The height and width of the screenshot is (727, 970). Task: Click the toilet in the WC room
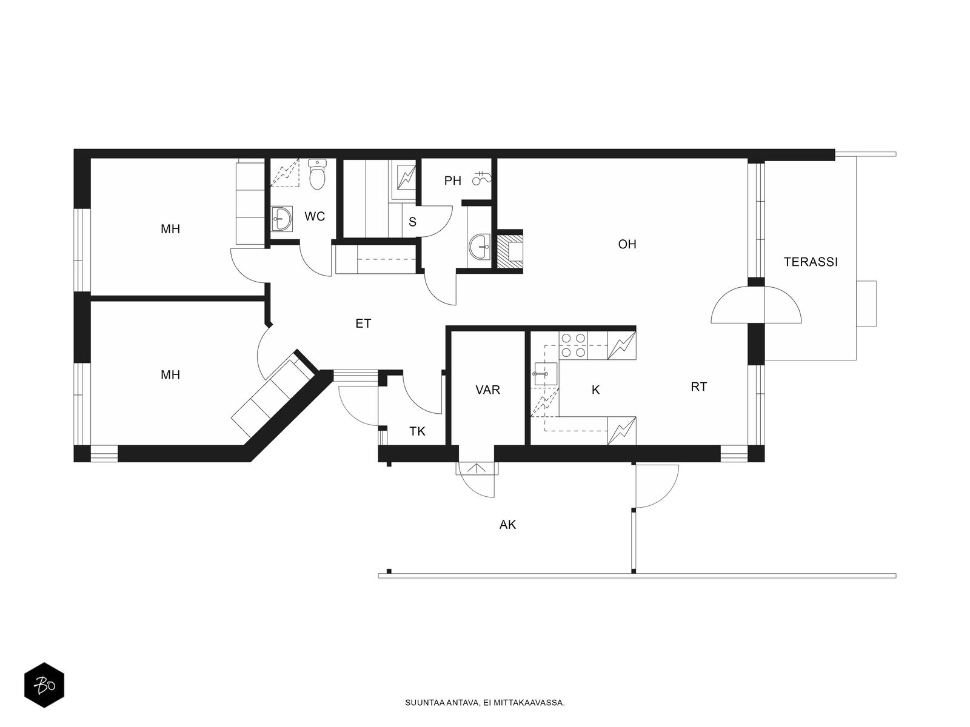[317, 174]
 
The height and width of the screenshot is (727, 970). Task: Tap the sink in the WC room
[281, 219]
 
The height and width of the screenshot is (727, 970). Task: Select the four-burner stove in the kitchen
[573, 345]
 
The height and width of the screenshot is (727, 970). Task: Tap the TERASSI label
[811, 262]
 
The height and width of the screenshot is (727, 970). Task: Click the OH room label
[627, 244]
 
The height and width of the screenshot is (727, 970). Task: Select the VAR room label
[487, 390]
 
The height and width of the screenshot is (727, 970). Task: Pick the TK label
[417, 431]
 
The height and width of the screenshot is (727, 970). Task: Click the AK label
[507, 525]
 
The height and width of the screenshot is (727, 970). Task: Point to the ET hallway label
[363, 324]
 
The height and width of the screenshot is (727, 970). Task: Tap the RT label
[698, 387]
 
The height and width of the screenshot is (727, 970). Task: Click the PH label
[452, 181]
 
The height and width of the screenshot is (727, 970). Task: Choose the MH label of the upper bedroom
[170, 228]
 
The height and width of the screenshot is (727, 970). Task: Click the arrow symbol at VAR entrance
[477, 468]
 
